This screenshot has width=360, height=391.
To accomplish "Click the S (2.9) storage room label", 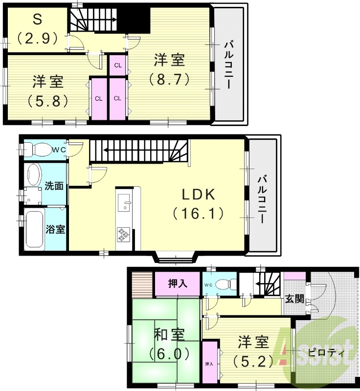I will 37,29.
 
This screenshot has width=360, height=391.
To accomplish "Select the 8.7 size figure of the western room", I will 169,79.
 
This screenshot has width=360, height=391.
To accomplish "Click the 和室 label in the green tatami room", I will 169,335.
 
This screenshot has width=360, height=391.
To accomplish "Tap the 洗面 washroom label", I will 54,186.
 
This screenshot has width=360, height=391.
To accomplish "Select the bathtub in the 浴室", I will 34,229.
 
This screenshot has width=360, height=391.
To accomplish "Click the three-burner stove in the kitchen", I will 123,235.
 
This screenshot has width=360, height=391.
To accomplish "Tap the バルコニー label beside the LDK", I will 263,199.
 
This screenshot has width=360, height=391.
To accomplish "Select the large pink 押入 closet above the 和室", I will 177,284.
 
